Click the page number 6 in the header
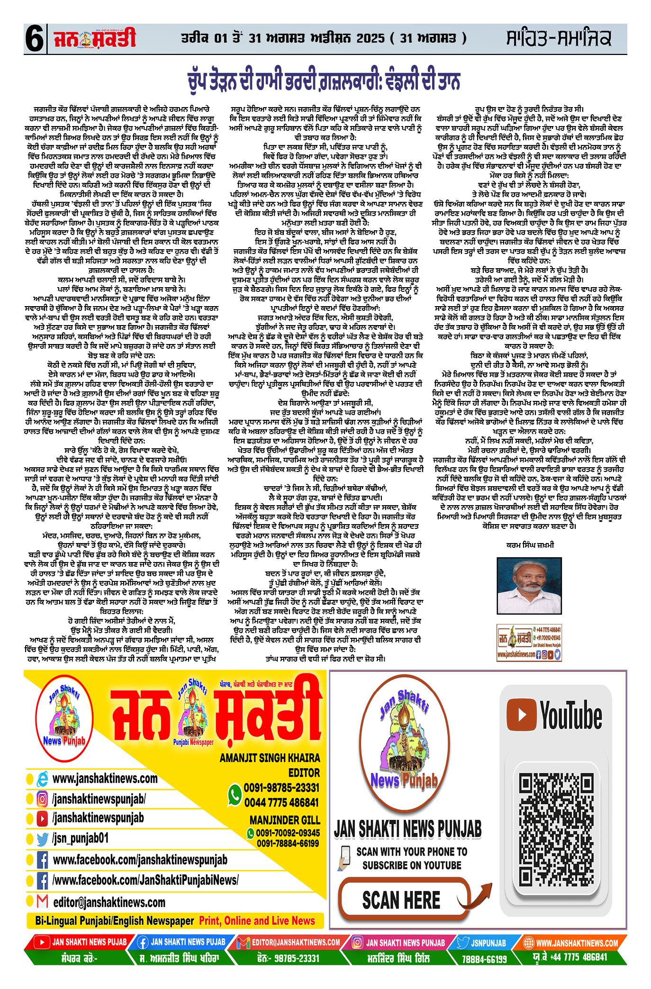click(x=35, y=39)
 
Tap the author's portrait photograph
click(x=529, y=586)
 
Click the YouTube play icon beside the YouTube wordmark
click(x=522, y=714)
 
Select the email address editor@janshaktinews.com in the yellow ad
click(x=109, y=902)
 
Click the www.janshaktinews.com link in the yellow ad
click(x=105, y=778)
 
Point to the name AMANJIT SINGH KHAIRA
click(x=270, y=758)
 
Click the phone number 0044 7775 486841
click(x=281, y=802)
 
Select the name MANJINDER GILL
click(x=285, y=820)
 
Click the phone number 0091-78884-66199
click(x=288, y=843)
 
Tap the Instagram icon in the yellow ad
click(x=42, y=798)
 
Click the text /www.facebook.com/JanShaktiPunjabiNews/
click(x=145, y=880)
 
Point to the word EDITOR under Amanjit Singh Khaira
click(x=304, y=772)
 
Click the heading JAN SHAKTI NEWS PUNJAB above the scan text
click(x=407, y=829)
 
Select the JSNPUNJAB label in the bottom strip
click(x=488, y=943)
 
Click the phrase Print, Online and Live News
click(x=257, y=920)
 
